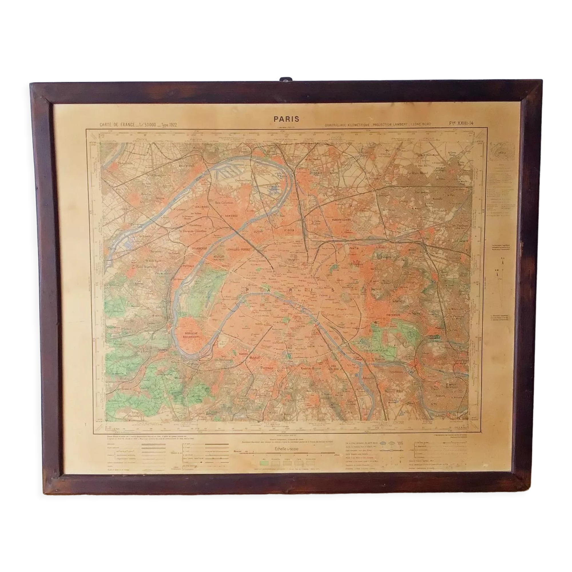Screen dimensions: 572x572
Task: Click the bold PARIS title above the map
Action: (x=286, y=119)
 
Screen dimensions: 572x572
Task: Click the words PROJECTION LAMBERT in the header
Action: (x=394, y=124)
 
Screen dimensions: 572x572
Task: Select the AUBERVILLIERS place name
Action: (x=341, y=220)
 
